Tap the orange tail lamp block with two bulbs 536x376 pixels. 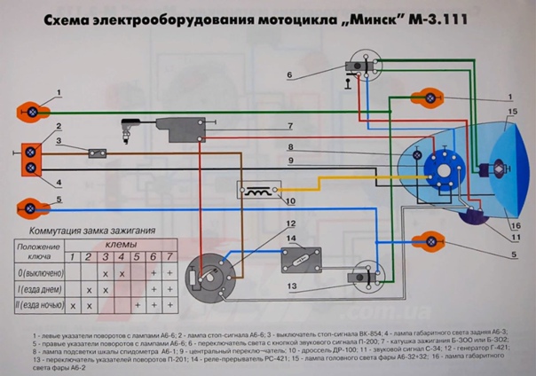(33, 158)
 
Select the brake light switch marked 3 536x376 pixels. (93, 153)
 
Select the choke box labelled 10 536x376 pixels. (259, 191)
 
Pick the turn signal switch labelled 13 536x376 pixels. (363, 278)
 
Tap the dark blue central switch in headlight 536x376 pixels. (439, 167)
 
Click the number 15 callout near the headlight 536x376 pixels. (512, 112)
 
